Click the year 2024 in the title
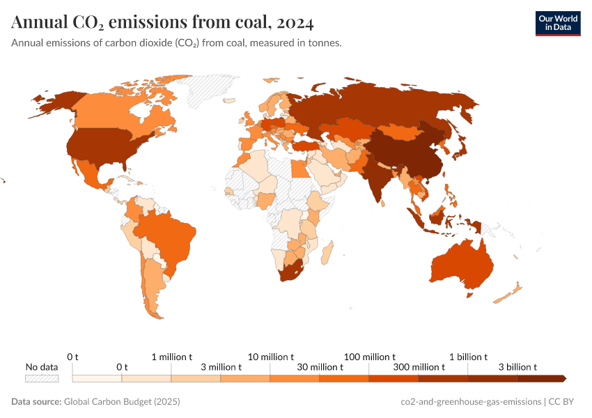(x=295, y=23)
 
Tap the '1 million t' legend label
(x=172, y=357)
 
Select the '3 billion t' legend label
(x=517, y=367)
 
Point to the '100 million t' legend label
(x=370, y=357)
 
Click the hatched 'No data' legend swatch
(x=42, y=378)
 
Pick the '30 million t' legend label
(x=320, y=367)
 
